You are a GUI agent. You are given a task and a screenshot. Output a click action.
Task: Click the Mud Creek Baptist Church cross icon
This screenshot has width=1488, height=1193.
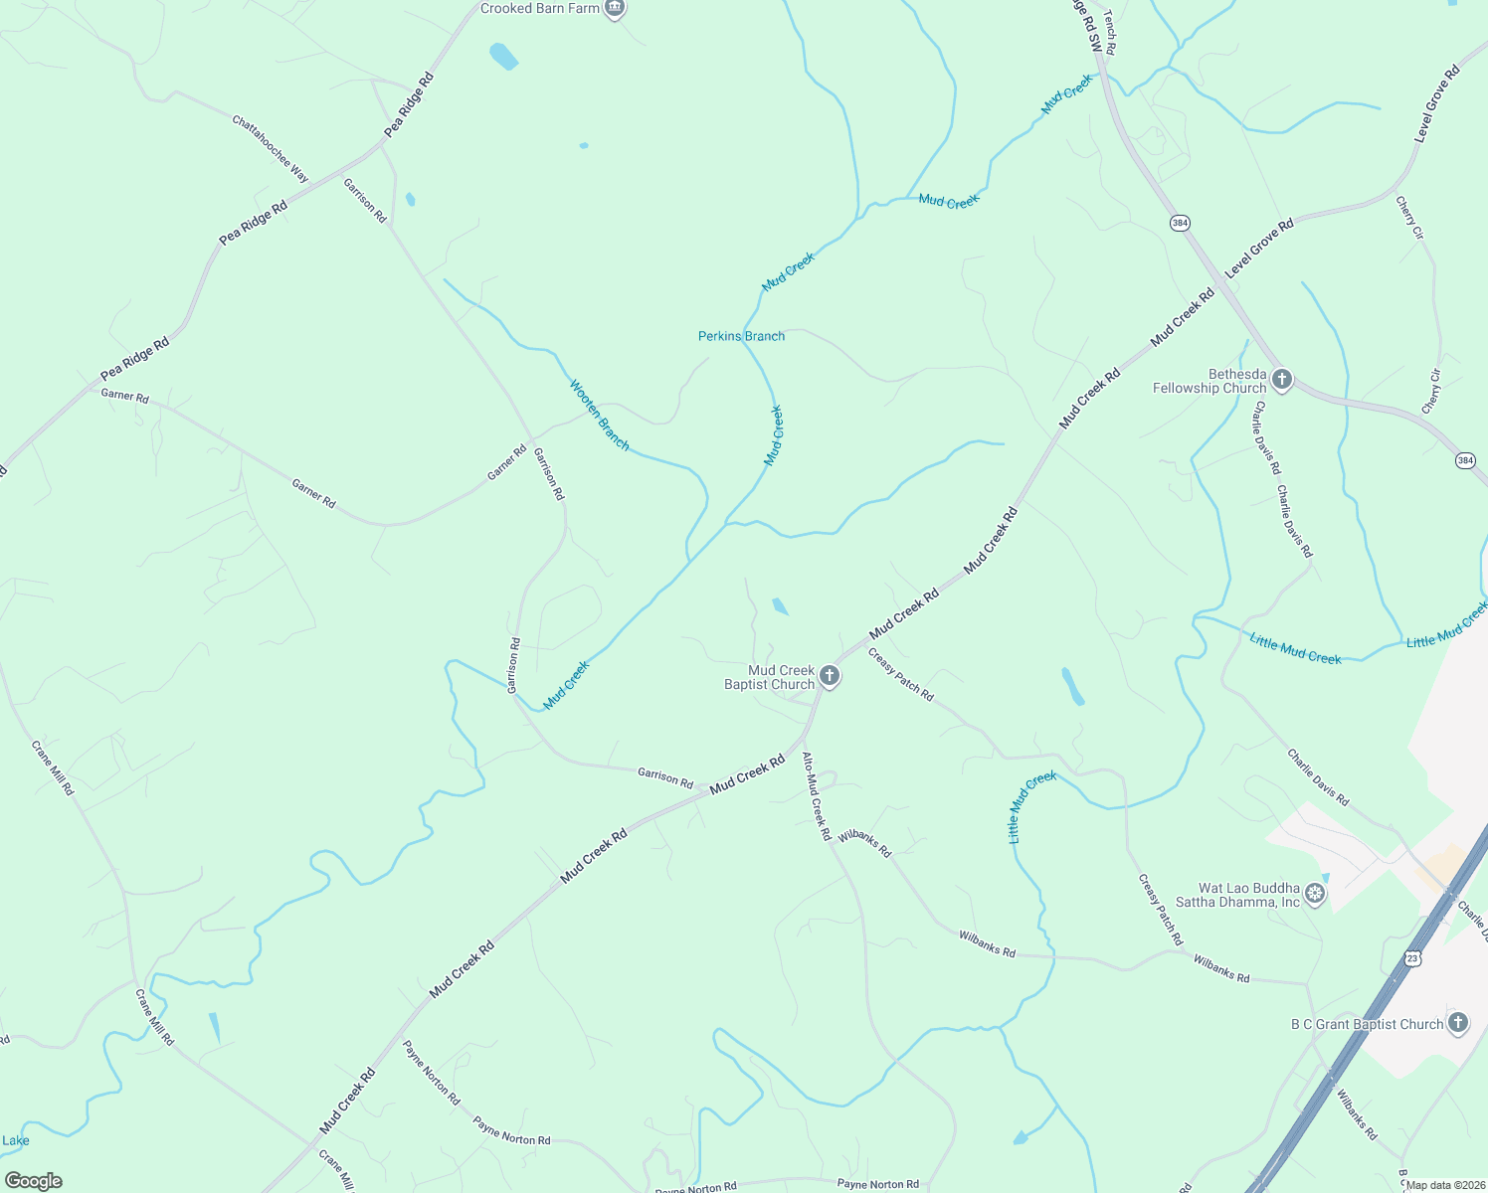830,677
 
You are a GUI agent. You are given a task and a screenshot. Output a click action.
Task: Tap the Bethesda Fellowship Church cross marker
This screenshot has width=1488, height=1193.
1282,380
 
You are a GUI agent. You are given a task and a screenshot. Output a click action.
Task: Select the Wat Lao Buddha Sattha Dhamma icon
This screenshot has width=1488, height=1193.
1315,894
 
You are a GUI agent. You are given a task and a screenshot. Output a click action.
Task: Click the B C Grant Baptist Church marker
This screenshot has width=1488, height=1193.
1457,1023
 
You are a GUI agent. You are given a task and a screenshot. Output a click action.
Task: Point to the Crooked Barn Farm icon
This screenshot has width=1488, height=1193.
615,9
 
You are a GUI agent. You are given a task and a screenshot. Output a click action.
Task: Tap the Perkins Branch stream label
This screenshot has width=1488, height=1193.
741,336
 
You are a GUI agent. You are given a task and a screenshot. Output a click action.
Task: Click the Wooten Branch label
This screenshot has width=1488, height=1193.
600,415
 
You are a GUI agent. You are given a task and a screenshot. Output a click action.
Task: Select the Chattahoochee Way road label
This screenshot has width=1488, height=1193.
271,149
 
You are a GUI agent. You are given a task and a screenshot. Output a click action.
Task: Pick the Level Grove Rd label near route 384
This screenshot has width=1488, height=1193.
1258,248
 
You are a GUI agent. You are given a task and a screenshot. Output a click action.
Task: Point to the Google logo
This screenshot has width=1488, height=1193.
33,1181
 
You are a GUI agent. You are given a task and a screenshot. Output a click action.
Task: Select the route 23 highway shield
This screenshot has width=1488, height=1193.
1412,957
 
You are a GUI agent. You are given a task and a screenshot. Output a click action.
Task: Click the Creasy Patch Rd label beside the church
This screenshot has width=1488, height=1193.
900,675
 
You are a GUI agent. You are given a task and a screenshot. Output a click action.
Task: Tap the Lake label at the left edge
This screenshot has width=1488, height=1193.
16,1140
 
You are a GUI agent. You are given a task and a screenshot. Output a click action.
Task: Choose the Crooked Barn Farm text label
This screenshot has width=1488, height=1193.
540,9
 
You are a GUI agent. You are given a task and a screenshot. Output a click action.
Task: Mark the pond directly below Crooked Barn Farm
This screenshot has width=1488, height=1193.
504,56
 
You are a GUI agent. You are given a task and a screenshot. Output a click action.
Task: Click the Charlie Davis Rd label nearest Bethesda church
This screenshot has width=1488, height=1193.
1267,437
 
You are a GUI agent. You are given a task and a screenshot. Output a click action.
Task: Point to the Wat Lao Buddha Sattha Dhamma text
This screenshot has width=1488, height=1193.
1248,895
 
